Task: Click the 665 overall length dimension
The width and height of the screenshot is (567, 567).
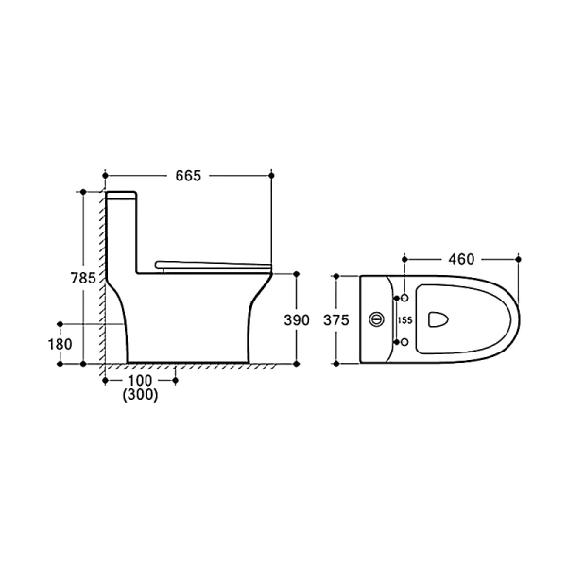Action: tap(188, 176)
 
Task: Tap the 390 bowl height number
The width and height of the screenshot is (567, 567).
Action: tap(297, 320)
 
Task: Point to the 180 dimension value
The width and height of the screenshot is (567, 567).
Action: tap(60, 344)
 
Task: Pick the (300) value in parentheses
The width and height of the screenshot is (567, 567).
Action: tap(140, 396)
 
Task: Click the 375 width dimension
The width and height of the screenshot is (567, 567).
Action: tap(336, 320)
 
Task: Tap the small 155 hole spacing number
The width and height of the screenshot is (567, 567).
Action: tap(404, 320)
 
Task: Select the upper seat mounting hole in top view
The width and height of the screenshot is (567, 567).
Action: tap(404, 298)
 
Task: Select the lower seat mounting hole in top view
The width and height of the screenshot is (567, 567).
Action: tap(404, 341)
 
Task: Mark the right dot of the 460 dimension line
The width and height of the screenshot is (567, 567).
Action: tap(519, 259)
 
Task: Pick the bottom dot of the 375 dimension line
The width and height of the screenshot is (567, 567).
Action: tap(336, 363)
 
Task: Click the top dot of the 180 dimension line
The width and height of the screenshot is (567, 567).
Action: tap(60, 323)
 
